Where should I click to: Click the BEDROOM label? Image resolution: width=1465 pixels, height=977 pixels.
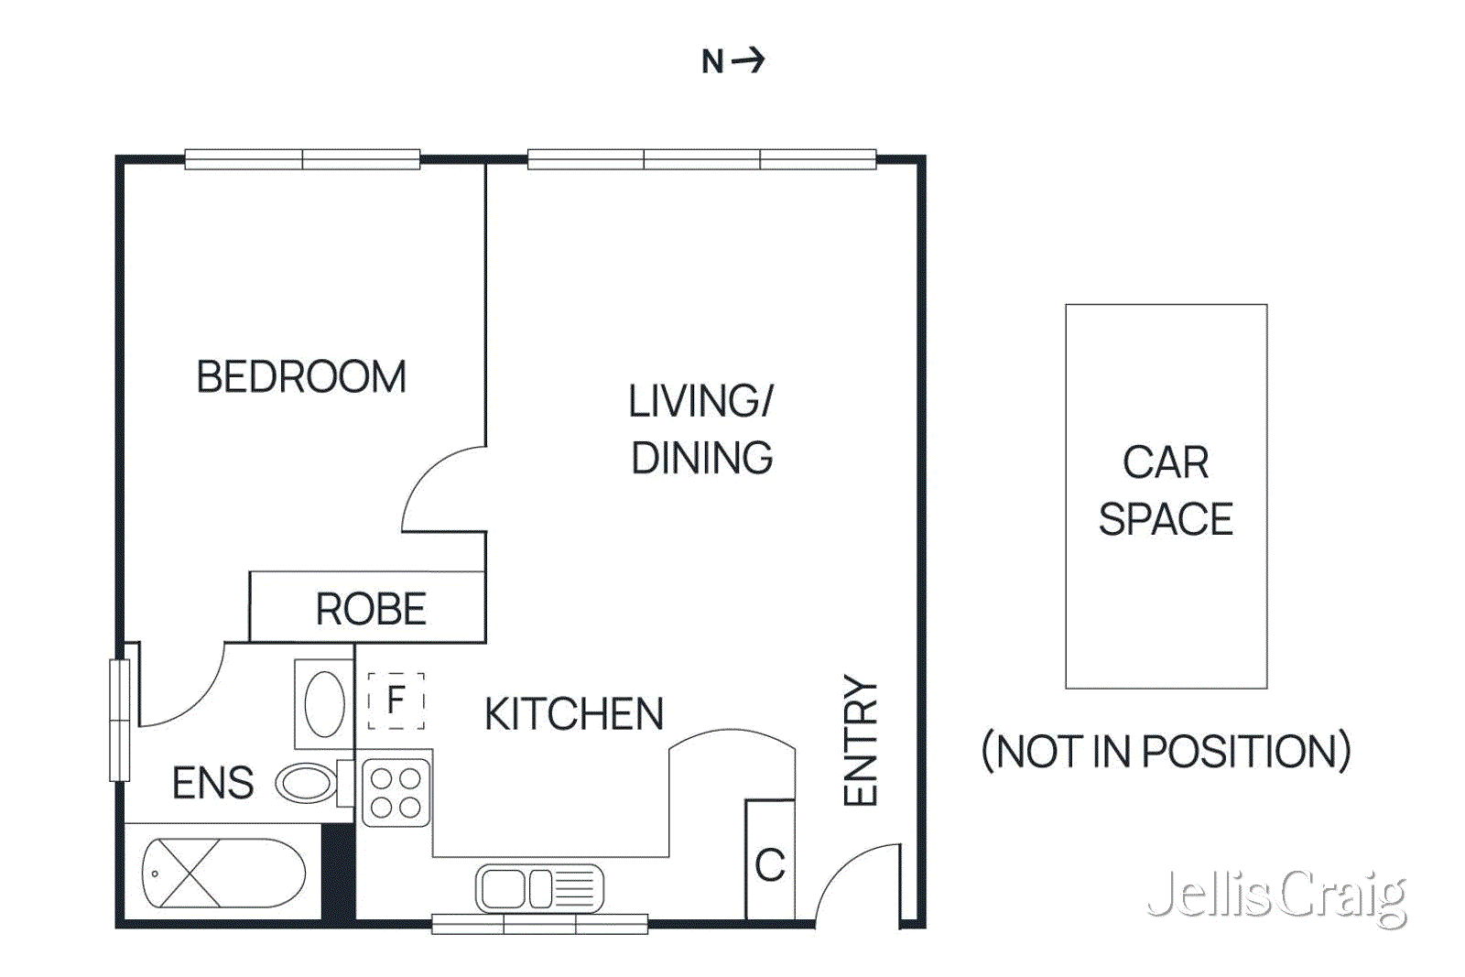point(301,376)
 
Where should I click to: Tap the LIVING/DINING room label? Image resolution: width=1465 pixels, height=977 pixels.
point(701,429)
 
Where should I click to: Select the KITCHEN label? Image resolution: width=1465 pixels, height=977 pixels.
point(573,714)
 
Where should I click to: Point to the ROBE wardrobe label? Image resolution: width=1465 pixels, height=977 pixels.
point(371,609)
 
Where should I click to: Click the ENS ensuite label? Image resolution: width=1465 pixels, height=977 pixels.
point(212,783)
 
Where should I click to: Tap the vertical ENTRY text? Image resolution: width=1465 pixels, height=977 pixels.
point(861,741)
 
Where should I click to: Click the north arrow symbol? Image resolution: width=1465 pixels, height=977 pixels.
point(748,60)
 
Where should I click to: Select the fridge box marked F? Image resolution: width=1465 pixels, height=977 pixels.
point(396,700)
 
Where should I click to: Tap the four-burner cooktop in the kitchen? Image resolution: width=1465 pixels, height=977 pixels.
point(396,792)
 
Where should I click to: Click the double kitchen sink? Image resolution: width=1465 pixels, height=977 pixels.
point(539,888)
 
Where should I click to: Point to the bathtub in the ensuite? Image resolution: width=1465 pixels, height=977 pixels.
point(223,873)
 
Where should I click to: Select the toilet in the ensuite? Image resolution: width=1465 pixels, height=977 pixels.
point(309,783)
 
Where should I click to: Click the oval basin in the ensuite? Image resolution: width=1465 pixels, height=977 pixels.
point(324,704)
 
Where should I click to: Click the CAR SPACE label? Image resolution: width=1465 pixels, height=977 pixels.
point(1166,491)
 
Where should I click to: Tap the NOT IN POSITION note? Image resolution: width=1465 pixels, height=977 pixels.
point(1166,752)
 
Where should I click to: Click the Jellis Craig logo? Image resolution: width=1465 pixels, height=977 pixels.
point(1276,896)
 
